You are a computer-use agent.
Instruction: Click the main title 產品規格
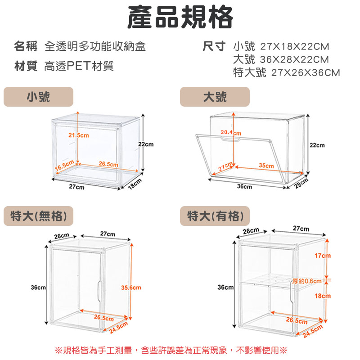[x=180, y=17]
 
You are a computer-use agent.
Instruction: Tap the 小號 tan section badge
[x=38, y=97]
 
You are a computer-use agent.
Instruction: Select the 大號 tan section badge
[x=215, y=97]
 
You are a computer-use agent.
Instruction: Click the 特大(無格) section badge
[x=38, y=216]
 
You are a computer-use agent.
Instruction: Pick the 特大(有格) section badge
[x=215, y=216]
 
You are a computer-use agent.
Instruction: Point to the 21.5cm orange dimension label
[x=78, y=135]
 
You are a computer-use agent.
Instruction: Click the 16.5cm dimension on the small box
[x=64, y=165]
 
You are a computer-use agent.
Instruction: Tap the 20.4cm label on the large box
[x=231, y=132]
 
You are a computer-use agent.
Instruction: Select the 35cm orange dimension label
[x=266, y=165]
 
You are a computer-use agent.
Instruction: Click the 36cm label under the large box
[x=244, y=186]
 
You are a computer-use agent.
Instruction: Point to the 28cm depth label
[x=301, y=183]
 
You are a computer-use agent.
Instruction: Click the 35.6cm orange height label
[x=131, y=288]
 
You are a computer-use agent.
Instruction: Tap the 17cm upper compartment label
[x=323, y=256]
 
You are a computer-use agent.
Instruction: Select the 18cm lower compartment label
[x=323, y=296]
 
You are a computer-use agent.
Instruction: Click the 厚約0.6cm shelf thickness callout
[x=307, y=281]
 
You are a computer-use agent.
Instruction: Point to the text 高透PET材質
[x=79, y=66]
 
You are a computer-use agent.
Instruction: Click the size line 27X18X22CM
[x=295, y=47]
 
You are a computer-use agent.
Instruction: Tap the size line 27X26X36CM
[x=306, y=73]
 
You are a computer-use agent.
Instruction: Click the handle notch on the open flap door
[x=231, y=139]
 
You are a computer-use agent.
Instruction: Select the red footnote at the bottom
[x=171, y=351]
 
